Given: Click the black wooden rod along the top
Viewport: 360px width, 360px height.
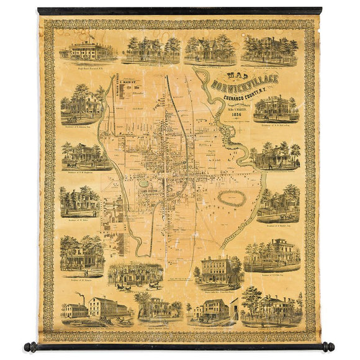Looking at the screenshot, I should [x=180, y=11].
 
